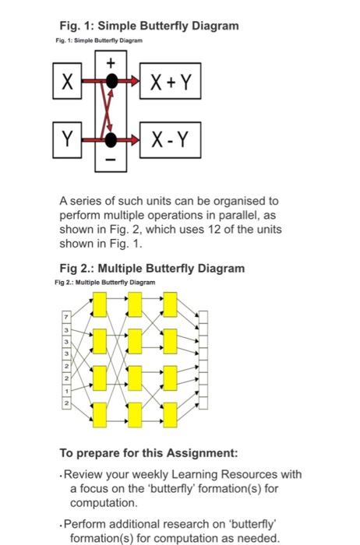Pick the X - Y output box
point(170,141)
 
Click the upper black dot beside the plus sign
point(113,80)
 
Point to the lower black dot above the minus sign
point(113,140)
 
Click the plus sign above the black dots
point(110,60)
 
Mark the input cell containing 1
point(67,389)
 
